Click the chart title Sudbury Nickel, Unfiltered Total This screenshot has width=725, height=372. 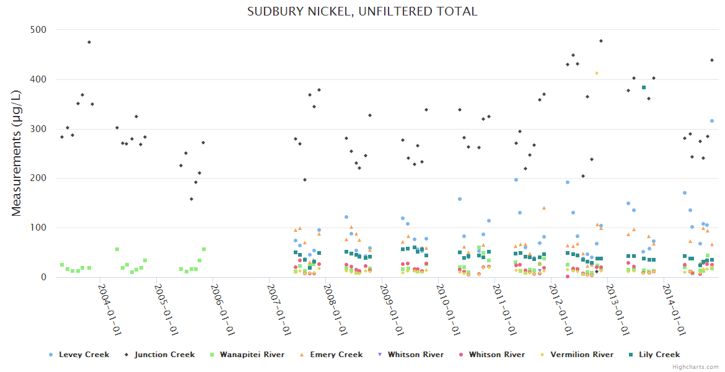(x=362, y=12)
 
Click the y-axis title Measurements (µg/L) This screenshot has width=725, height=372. (x=17, y=153)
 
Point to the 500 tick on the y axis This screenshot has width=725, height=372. (x=42, y=30)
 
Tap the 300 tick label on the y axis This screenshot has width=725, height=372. (x=42, y=129)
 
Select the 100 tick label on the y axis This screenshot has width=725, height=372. (x=42, y=228)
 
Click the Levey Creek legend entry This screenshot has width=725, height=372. (x=84, y=355)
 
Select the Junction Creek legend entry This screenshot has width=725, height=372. (x=164, y=355)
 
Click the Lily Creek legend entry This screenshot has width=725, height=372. (x=659, y=355)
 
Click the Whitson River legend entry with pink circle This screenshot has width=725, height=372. (x=496, y=355)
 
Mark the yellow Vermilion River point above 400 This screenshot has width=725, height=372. (x=597, y=73)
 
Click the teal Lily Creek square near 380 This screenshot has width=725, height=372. (x=644, y=87)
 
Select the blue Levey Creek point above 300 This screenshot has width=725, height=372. (x=712, y=121)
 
